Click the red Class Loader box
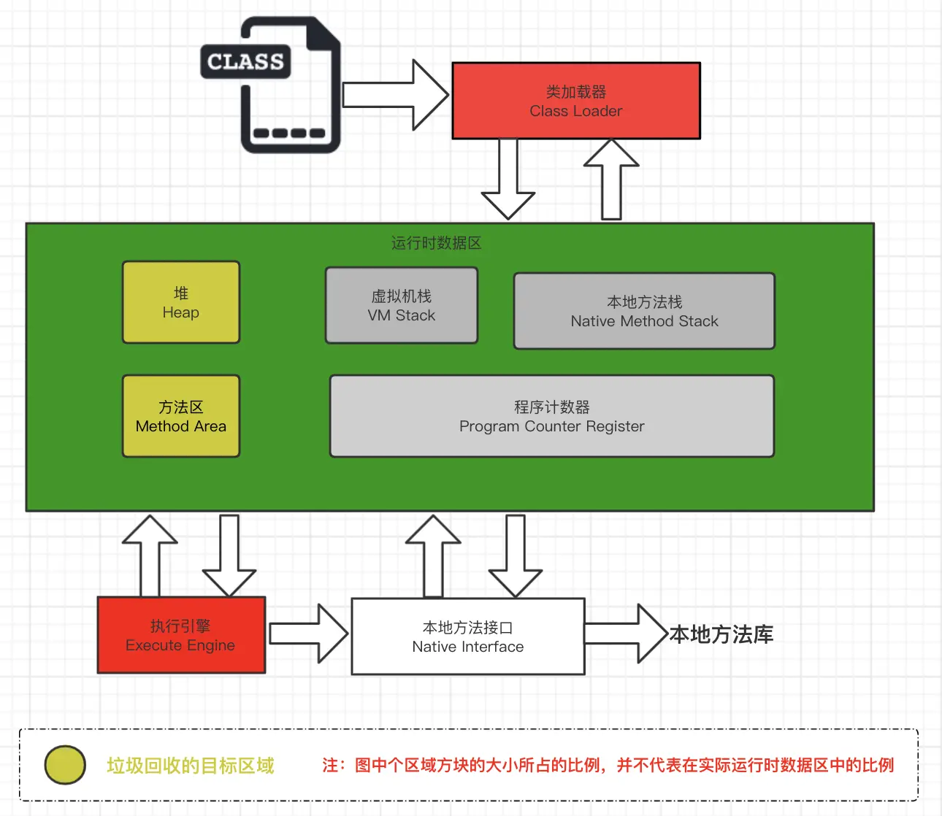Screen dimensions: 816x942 click(576, 101)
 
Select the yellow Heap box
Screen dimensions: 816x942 click(181, 302)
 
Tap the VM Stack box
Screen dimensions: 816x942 click(402, 305)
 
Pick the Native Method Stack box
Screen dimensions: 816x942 click(644, 311)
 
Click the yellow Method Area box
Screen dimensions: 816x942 click(181, 416)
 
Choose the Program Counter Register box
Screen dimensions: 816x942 click(552, 416)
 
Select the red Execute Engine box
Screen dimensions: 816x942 click(181, 635)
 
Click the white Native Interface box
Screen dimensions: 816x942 click(468, 636)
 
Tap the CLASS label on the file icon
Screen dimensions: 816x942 click(245, 62)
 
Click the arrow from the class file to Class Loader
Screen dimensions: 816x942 click(394, 95)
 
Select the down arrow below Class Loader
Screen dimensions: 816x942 click(508, 179)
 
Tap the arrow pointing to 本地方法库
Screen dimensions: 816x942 click(625, 634)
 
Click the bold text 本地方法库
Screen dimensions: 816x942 click(721, 634)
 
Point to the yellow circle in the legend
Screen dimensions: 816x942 click(65, 765)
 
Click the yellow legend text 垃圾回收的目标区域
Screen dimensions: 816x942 click(191, 766)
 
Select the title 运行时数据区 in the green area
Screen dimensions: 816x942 click(436, 243)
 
